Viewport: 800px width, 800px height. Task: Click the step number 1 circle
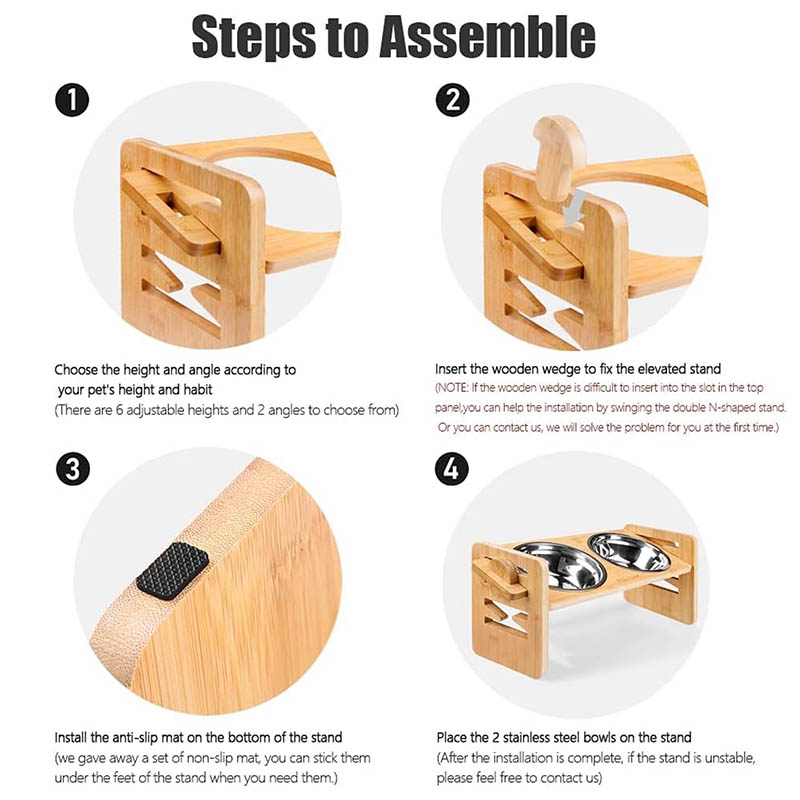(x=72, y=99)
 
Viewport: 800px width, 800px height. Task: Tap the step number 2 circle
(x=453, y=99)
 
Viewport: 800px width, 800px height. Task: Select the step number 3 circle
(x=72, y=469)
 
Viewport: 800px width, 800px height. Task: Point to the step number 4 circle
(x=452, y=469)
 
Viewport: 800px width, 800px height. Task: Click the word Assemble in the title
(x=488, y=36)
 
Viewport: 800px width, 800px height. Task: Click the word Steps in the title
(x=254, y=37)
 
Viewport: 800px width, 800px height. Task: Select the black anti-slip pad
(x=172, y=571)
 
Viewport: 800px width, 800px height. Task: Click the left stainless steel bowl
(x=557, y=564)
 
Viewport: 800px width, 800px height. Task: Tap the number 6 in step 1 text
(x=119, y=410)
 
